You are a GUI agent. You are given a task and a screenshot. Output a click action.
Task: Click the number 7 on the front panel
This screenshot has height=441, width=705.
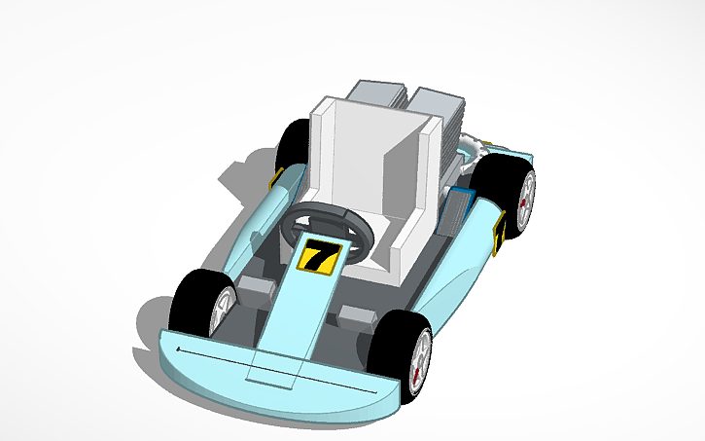pos(318,257)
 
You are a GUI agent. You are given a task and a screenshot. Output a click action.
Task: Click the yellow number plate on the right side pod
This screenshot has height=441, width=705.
pos(499,236)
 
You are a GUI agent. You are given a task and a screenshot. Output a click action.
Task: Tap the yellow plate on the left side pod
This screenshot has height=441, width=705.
pos(275,181)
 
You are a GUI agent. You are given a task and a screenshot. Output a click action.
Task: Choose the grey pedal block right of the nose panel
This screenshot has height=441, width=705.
pos(357,315)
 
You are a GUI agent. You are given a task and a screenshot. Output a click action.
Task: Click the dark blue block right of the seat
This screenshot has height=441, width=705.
pos(458,207)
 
